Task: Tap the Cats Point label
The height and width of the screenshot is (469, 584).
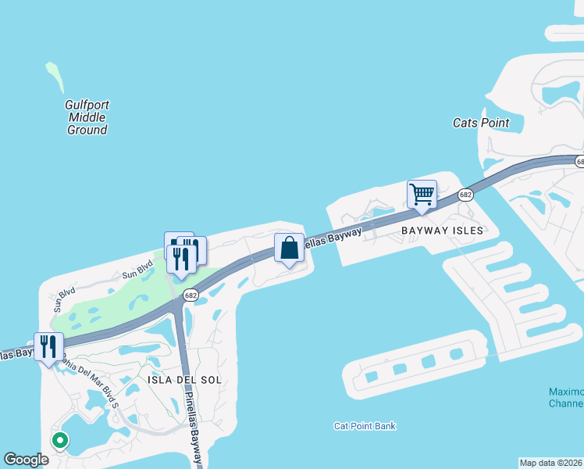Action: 481,123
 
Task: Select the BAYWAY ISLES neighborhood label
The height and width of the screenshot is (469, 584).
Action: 449,231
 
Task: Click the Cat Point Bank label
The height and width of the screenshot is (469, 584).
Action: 365,426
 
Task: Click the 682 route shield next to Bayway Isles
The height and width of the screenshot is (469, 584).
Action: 466,194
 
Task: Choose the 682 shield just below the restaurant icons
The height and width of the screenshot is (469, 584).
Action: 191,295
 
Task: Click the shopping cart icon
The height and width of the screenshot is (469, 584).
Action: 422,194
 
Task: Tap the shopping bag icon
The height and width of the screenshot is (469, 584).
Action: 289,248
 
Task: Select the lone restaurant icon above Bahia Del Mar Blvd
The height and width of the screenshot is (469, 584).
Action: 48,346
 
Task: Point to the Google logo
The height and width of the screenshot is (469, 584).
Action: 26,460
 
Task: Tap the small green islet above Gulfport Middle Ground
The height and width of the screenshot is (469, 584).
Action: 55,77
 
